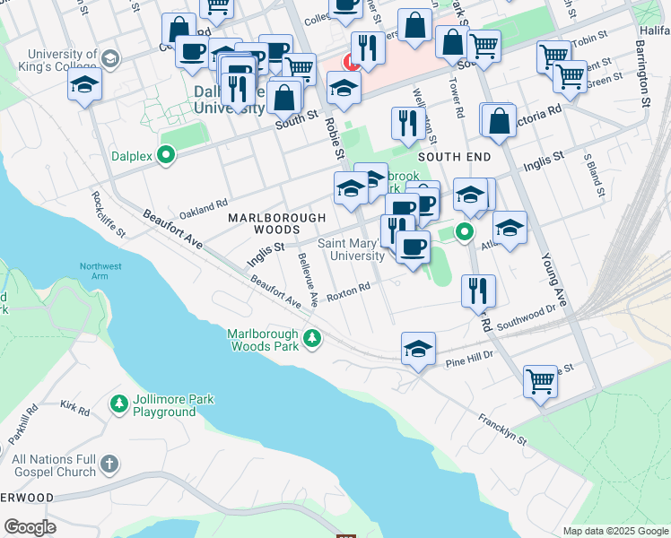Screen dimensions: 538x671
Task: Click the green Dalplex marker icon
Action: pos(166,156)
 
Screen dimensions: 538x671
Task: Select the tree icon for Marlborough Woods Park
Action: pos(312,339)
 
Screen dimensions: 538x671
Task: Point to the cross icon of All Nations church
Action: pos(109,464)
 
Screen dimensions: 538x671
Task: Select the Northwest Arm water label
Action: pos(100,272)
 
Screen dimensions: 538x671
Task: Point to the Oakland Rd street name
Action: pos(204,210)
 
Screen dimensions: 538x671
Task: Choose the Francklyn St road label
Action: pos(502,429)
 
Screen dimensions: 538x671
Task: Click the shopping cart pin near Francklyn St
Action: pos(540,381)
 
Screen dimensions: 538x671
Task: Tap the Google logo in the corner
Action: pos(30,527)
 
